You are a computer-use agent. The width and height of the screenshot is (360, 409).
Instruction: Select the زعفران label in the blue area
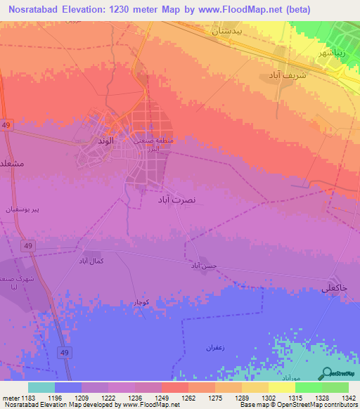[214, 348]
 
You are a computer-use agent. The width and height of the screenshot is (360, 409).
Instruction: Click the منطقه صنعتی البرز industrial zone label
[150, 144]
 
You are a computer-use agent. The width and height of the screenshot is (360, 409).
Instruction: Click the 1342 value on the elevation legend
[347, 398]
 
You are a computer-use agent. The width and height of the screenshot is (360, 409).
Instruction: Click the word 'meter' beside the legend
[10, 398]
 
